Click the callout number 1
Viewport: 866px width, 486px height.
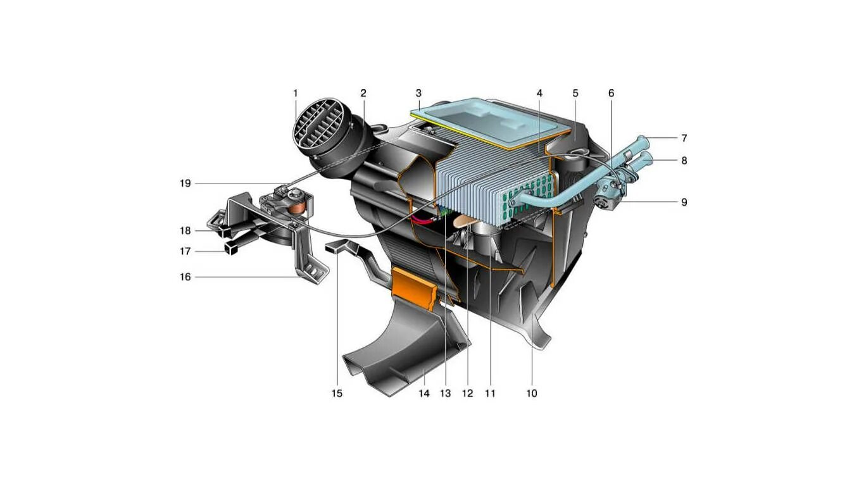pyautogui.click(x=295, y=94)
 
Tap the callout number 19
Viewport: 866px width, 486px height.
pyautogui.click(x=185, y=184)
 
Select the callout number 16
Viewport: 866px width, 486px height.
pyautogui.click(x=185, y=277)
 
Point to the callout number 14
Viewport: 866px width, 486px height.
pyautogui.click(x=424, y=393)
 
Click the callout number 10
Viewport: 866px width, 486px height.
pyautogui.click(x=531, y=393)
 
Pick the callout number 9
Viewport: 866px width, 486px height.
pyautogui.click(x=684, y=202)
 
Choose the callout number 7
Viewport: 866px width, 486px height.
pyautogui.click(x=684, y=138)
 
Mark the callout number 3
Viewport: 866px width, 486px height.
pyautogui.click(x=418, y=94)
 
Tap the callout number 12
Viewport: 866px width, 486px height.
pyautogui.click(x=467, y=393)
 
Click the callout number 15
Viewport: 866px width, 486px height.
pyautogui.click(x=337, y=393)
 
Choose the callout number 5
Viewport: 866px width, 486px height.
pyautogui.click(x=575, y=94)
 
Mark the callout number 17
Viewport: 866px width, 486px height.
pyautogui.click(x=185, y=251)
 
